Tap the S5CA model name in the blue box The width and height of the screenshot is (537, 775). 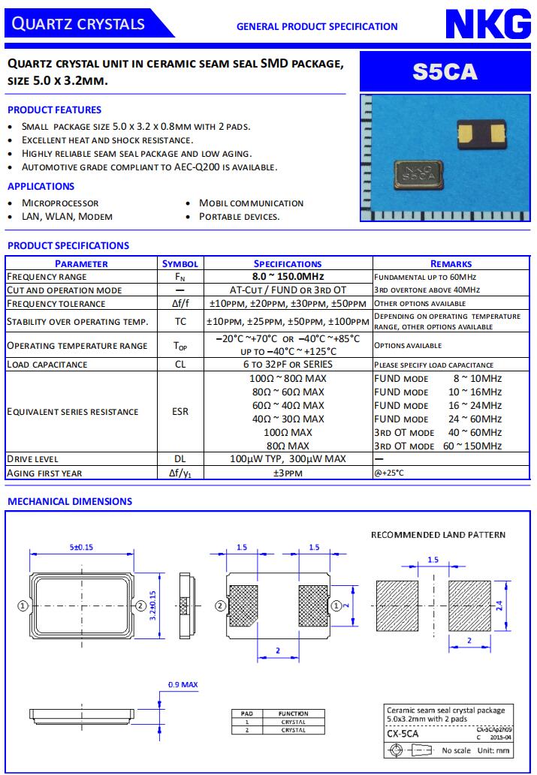tap(445, 71)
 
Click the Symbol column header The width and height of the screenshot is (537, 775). tap(180, 263)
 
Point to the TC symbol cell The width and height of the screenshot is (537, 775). tap(180, 322)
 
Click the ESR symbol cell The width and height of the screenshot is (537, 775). tap(180, 412)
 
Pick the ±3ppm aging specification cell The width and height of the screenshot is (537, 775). tap(288, 473)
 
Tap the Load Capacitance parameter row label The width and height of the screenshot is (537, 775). tap(47, 365)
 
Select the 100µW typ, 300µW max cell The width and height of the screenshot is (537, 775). tap(288, 458)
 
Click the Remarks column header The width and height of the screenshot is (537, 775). tap(451, 263)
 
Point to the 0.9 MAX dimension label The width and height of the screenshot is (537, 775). tap(183, 684)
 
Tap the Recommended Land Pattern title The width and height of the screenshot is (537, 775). tap(439, 535)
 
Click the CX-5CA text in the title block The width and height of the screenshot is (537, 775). tap(403, 734)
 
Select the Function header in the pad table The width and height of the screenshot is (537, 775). tap(293, 713)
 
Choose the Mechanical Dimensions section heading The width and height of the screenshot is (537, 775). tap(70, 501)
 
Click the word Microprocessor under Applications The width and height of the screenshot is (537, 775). tap(60, 203)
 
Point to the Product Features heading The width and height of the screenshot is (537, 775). tap(54, 110)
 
